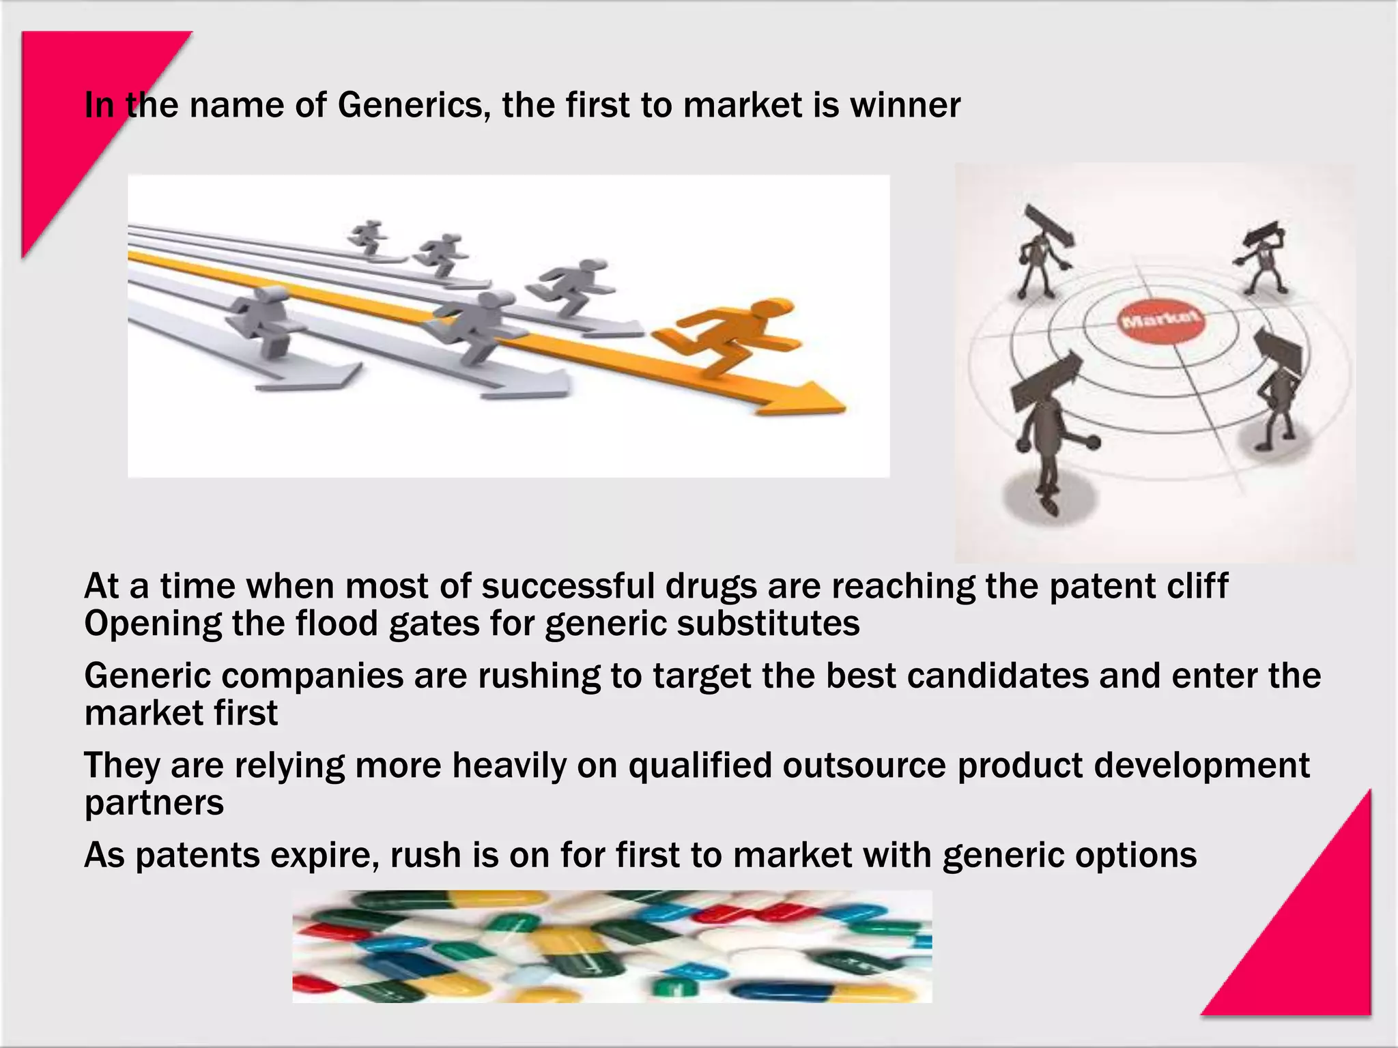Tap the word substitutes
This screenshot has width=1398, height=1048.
click(x=768, y=624)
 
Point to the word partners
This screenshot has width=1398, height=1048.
click(x=154, y=804)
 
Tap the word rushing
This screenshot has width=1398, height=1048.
click(x=539, y=676)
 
